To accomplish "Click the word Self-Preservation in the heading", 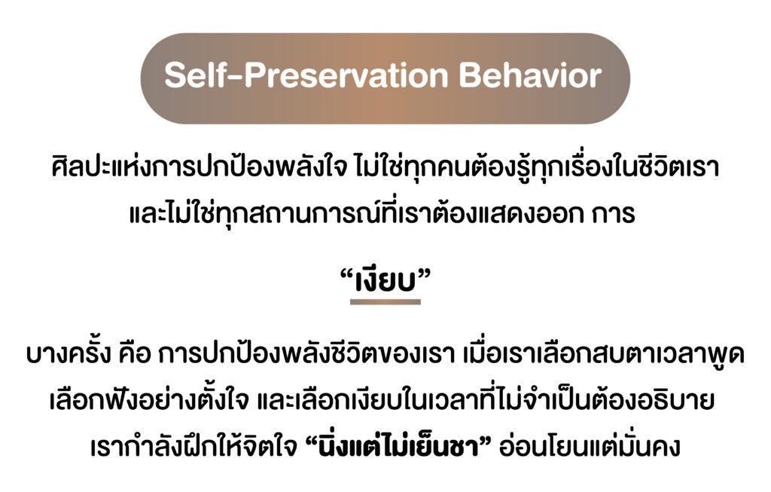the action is coord(306,76).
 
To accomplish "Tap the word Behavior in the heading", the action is coord(530,76).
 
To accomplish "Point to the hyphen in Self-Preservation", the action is coord(238,78).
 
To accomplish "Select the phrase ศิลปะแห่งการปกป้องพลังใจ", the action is coord(199,167).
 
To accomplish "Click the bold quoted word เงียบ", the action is coord(385,282).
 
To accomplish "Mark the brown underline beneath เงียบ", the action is coord(385,301).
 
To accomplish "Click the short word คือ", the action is coord(135,354).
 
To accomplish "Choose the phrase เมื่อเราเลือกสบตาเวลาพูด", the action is coord(605,353).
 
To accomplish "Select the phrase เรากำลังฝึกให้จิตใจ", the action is coord(195,446).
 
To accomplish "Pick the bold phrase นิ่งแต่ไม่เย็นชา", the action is coord(399,448).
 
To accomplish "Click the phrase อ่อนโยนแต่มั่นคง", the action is coord(589,446).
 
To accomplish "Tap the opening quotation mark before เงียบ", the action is coord(347,276).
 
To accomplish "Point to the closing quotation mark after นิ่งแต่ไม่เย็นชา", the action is coord(486,440).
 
